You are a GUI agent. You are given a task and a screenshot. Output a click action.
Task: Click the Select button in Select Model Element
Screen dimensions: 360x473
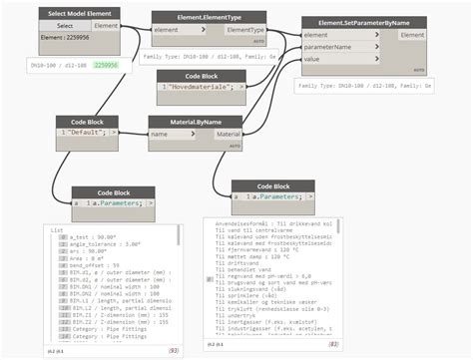(64, 26)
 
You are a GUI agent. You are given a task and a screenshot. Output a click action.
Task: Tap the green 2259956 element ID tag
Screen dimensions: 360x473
(105, 65)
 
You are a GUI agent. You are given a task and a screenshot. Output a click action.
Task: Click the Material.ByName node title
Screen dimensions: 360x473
(195, 121)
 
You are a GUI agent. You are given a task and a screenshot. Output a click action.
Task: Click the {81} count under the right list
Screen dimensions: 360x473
(333, 344)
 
